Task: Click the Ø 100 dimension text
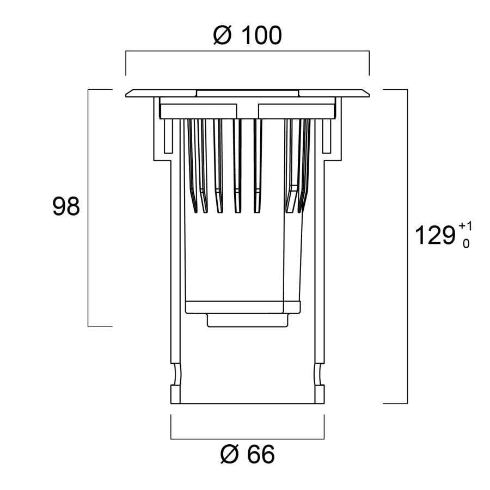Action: click(x=248, y=35)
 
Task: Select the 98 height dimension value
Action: click(x=66, y=207)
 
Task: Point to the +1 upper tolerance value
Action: click(x=465, y=225)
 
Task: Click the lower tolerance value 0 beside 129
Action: click(x=465, y=243)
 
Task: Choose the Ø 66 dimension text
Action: click(x=248, y=455)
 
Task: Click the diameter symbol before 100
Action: click(x=223, y=35)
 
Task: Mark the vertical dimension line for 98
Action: click(x=88, y=207)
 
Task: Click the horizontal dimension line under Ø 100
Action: click(x=248, y=52)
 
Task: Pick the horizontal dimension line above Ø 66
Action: click(x=248, y=438)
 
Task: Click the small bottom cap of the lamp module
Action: click(x=248, y=321)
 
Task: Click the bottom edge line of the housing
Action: click(x=248, y=403)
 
